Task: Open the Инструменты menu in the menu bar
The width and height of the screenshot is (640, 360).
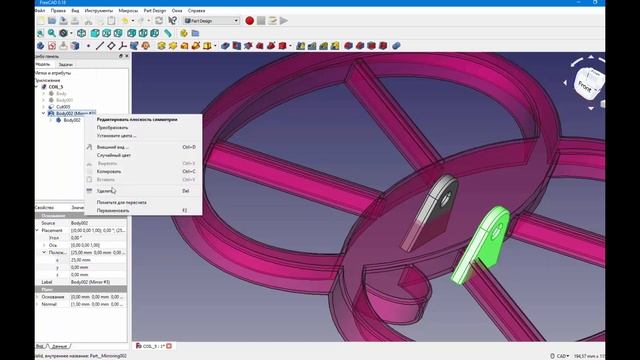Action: click(x=98, y=11)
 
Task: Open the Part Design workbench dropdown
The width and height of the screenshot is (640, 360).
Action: click(x=211, y=19)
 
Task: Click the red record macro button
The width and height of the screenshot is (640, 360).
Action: click(x=249, y=19)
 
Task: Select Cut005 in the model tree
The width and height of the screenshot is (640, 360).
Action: click(x=62, y=107)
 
